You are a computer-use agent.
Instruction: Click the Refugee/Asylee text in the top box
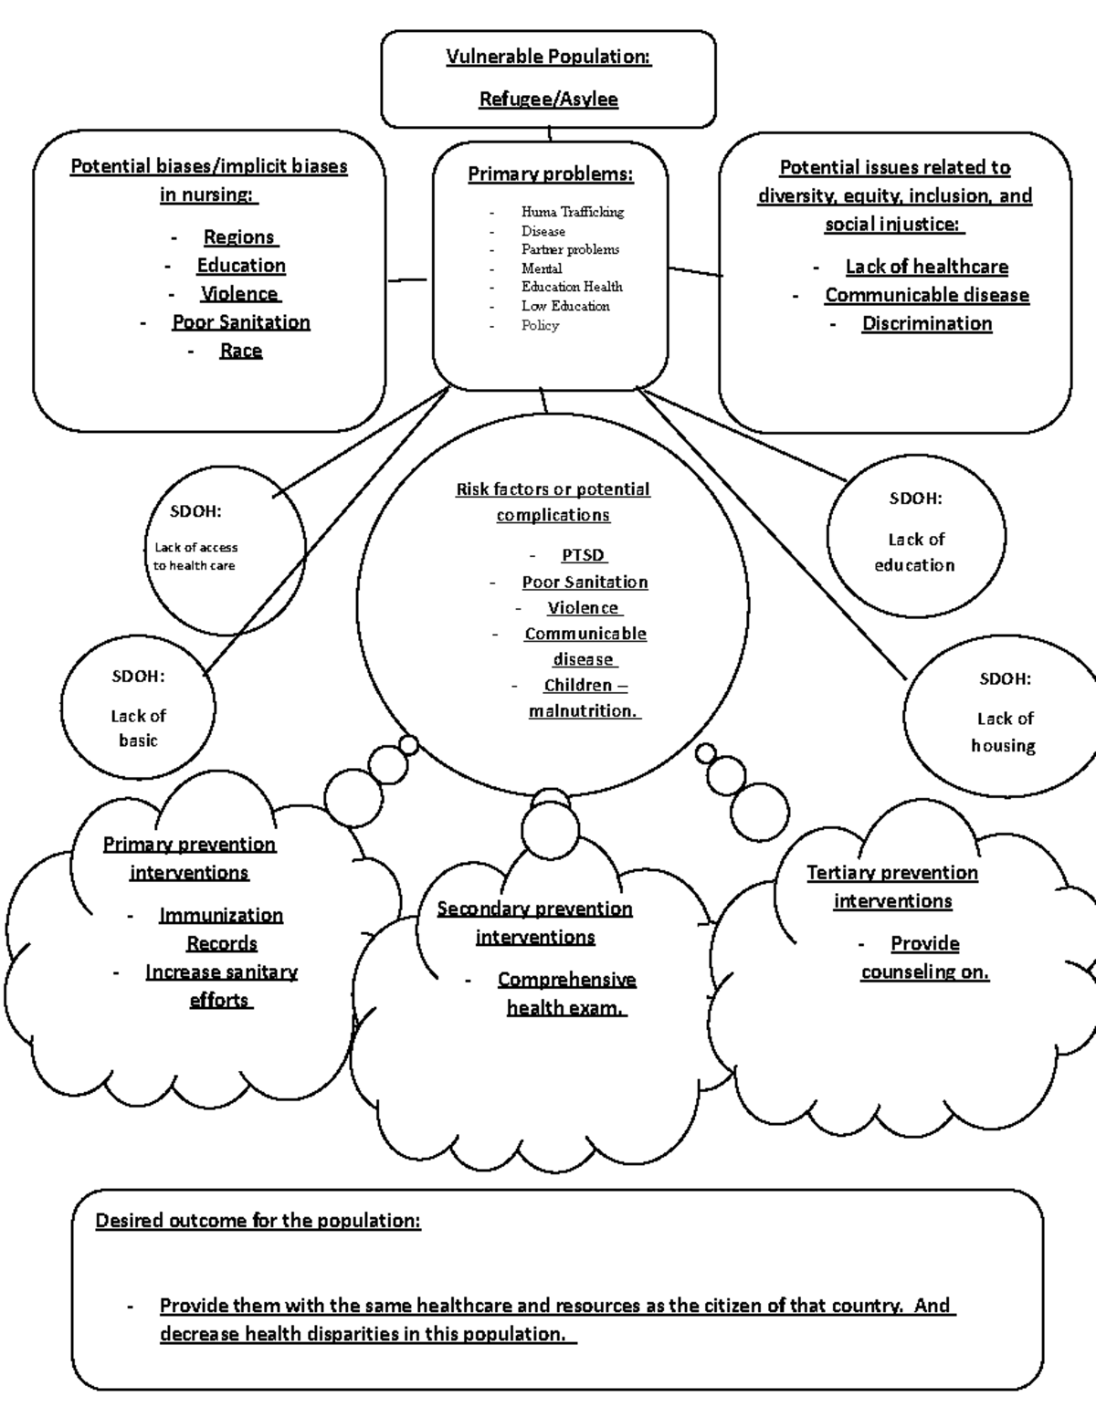click(548, 99)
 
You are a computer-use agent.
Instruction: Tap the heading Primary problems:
click(550, 174)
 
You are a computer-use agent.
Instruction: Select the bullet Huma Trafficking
click(572, 212)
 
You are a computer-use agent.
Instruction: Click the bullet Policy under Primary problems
click(540, 325)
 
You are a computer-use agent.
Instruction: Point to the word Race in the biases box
click(241, 351)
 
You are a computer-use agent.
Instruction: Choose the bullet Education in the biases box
click(241, 266)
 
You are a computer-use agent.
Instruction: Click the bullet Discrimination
click(926, 323)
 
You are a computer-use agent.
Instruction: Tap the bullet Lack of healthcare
click(926, 267)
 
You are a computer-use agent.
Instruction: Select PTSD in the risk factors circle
click(583, 555)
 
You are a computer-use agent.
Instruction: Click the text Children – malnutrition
click(585, 698)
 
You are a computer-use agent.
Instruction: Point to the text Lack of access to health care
click(195, 556)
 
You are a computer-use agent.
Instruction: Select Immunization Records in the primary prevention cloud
click(221, 929)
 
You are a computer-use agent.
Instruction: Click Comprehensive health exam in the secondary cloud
click(566, 993)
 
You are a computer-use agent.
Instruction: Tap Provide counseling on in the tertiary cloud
click(924, 957)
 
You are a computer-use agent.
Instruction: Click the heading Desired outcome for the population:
click(258, 1221)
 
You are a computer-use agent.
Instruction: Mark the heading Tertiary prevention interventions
click(892, 887)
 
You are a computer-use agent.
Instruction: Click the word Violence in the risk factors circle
click(583, 608)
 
